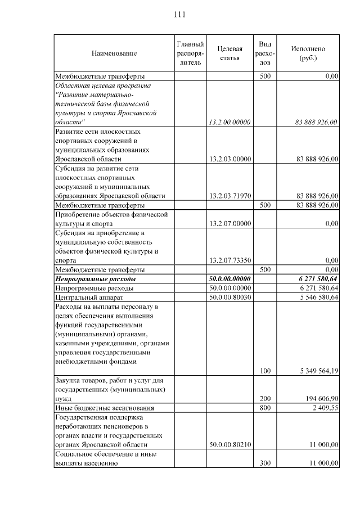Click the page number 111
(179, 14)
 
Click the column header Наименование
(114, 53)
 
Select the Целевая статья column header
(229, 53)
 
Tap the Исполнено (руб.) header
(308, 53)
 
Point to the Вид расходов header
(265, 53)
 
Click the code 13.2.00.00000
(229, 122)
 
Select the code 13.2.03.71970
(229, 196)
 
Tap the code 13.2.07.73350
(229, 260)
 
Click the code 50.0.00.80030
(229, 297)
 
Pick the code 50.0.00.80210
(229, 444)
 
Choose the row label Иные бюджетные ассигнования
(104, 408)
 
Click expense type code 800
(265, 408)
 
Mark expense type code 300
(265, 463)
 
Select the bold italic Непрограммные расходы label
(96, 279)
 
